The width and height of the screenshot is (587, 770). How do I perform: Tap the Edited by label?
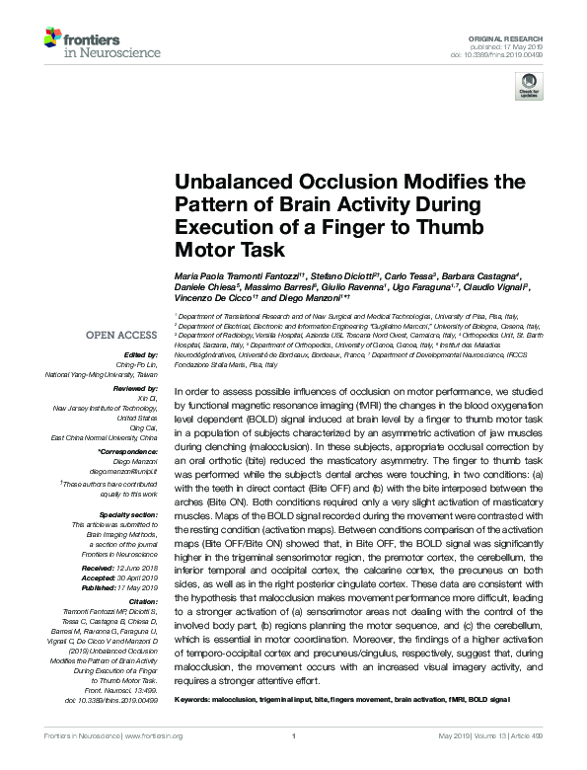tap(140, 354)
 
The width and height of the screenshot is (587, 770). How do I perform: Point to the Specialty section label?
tap(129, 515)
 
